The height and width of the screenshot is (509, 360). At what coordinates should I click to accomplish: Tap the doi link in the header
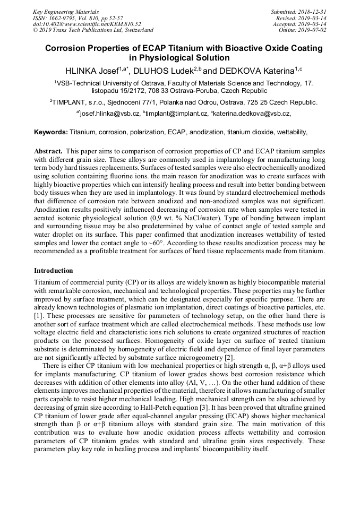87,24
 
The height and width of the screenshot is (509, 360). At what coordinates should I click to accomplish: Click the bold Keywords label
51,132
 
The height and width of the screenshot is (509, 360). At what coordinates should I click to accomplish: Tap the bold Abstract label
49,151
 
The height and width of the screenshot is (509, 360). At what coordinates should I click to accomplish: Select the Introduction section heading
54,271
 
